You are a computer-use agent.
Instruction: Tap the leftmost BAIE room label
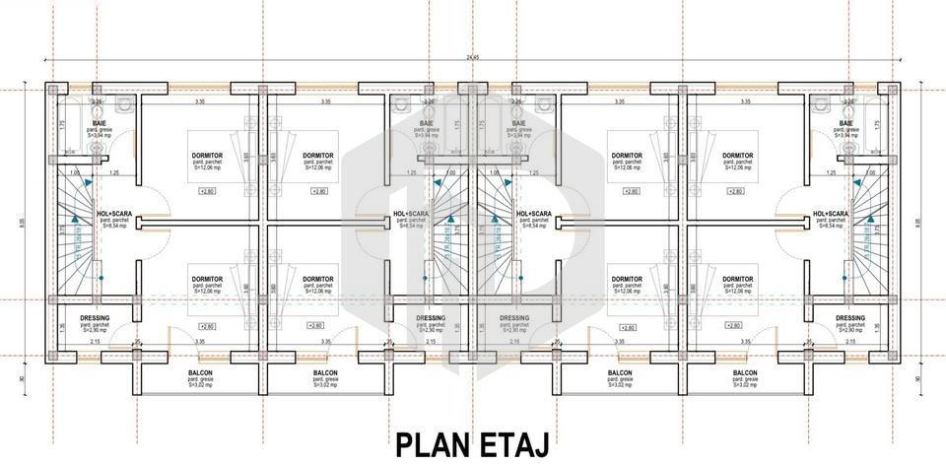point(100,123)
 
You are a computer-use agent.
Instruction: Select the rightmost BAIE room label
point(845,123)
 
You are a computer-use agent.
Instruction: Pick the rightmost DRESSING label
point(849,317)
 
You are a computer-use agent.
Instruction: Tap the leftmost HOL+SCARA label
point(116,213)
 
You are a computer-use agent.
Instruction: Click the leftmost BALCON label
point(201,373)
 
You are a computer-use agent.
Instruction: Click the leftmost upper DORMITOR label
point(206,156)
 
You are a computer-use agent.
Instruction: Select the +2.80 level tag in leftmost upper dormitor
point(207,190)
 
